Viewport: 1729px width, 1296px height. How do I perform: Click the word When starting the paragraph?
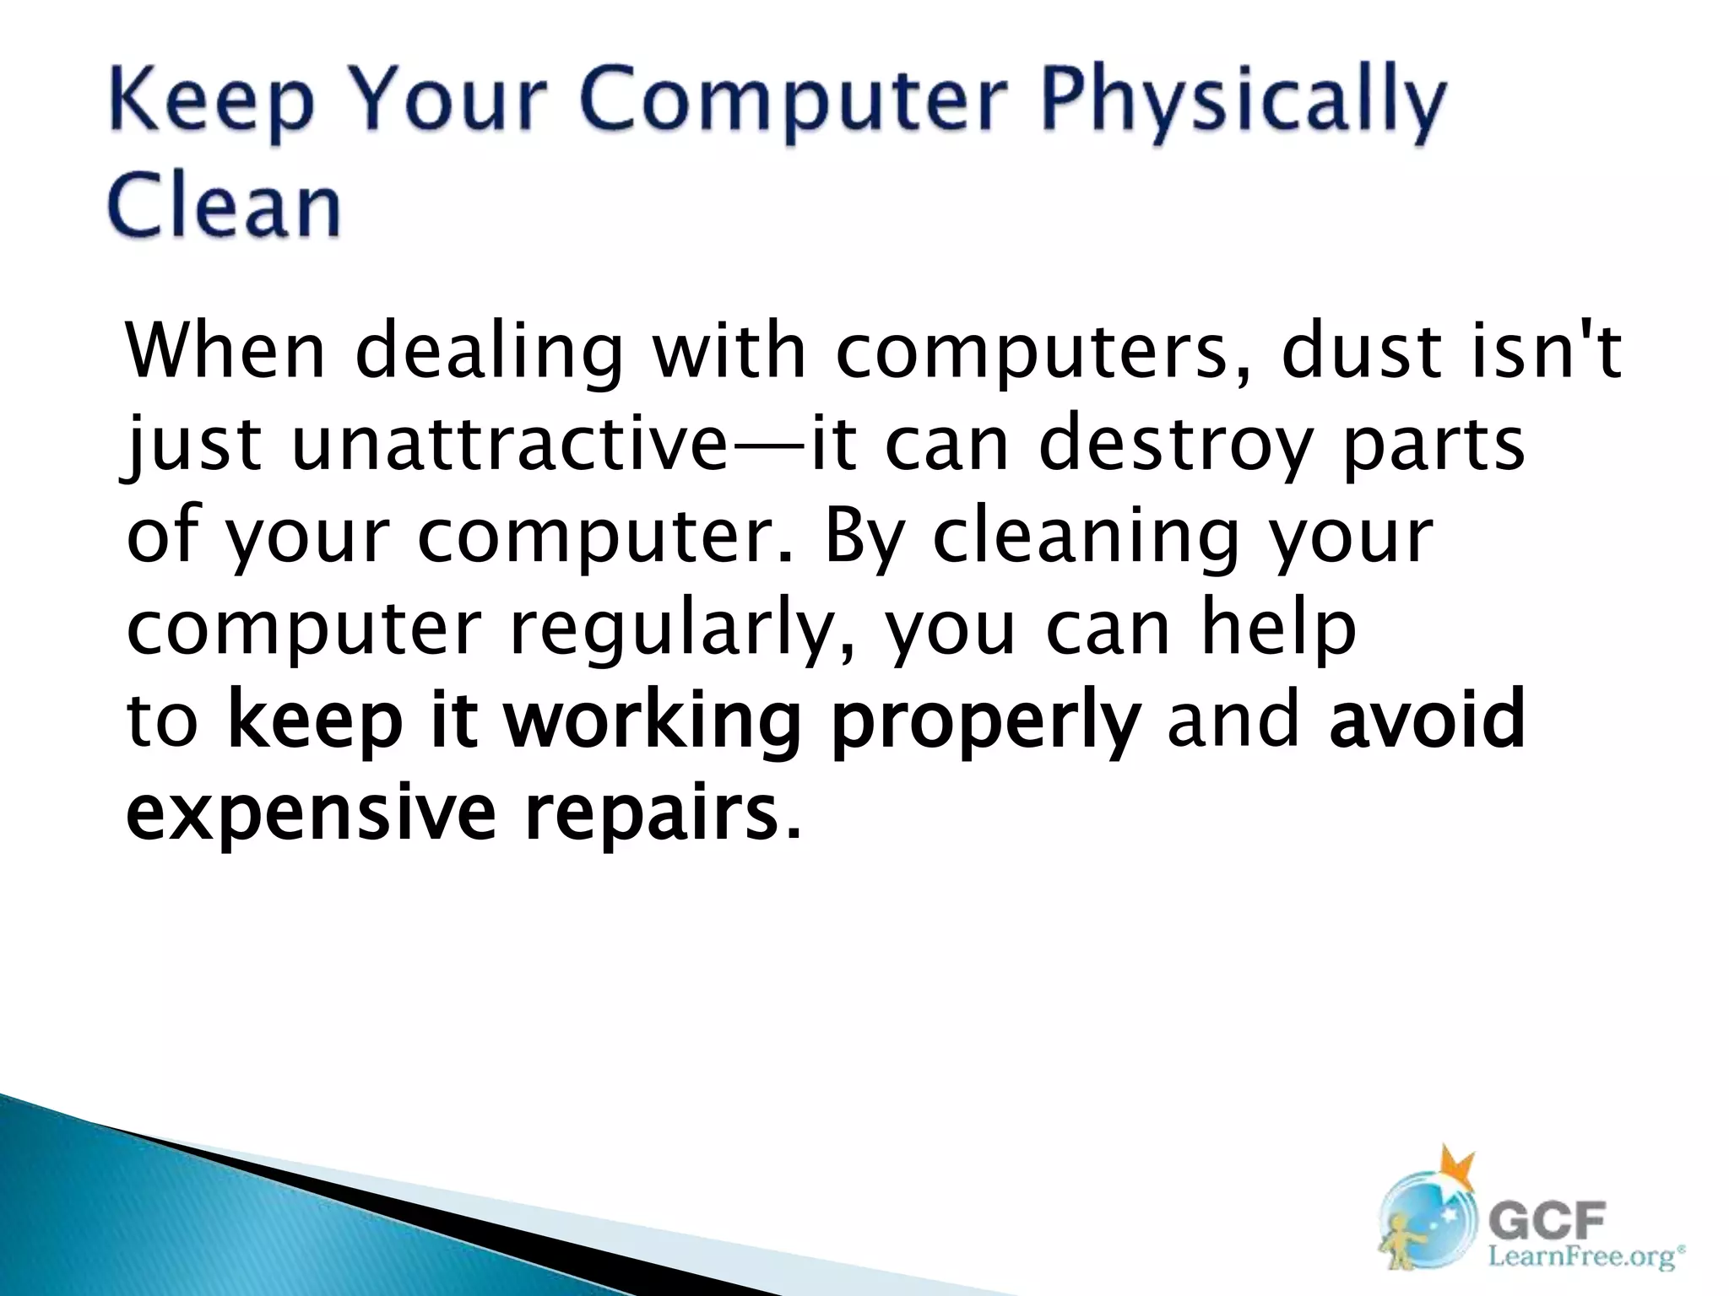coord(225,350)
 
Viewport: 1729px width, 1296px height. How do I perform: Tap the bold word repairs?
coord(651,815)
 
